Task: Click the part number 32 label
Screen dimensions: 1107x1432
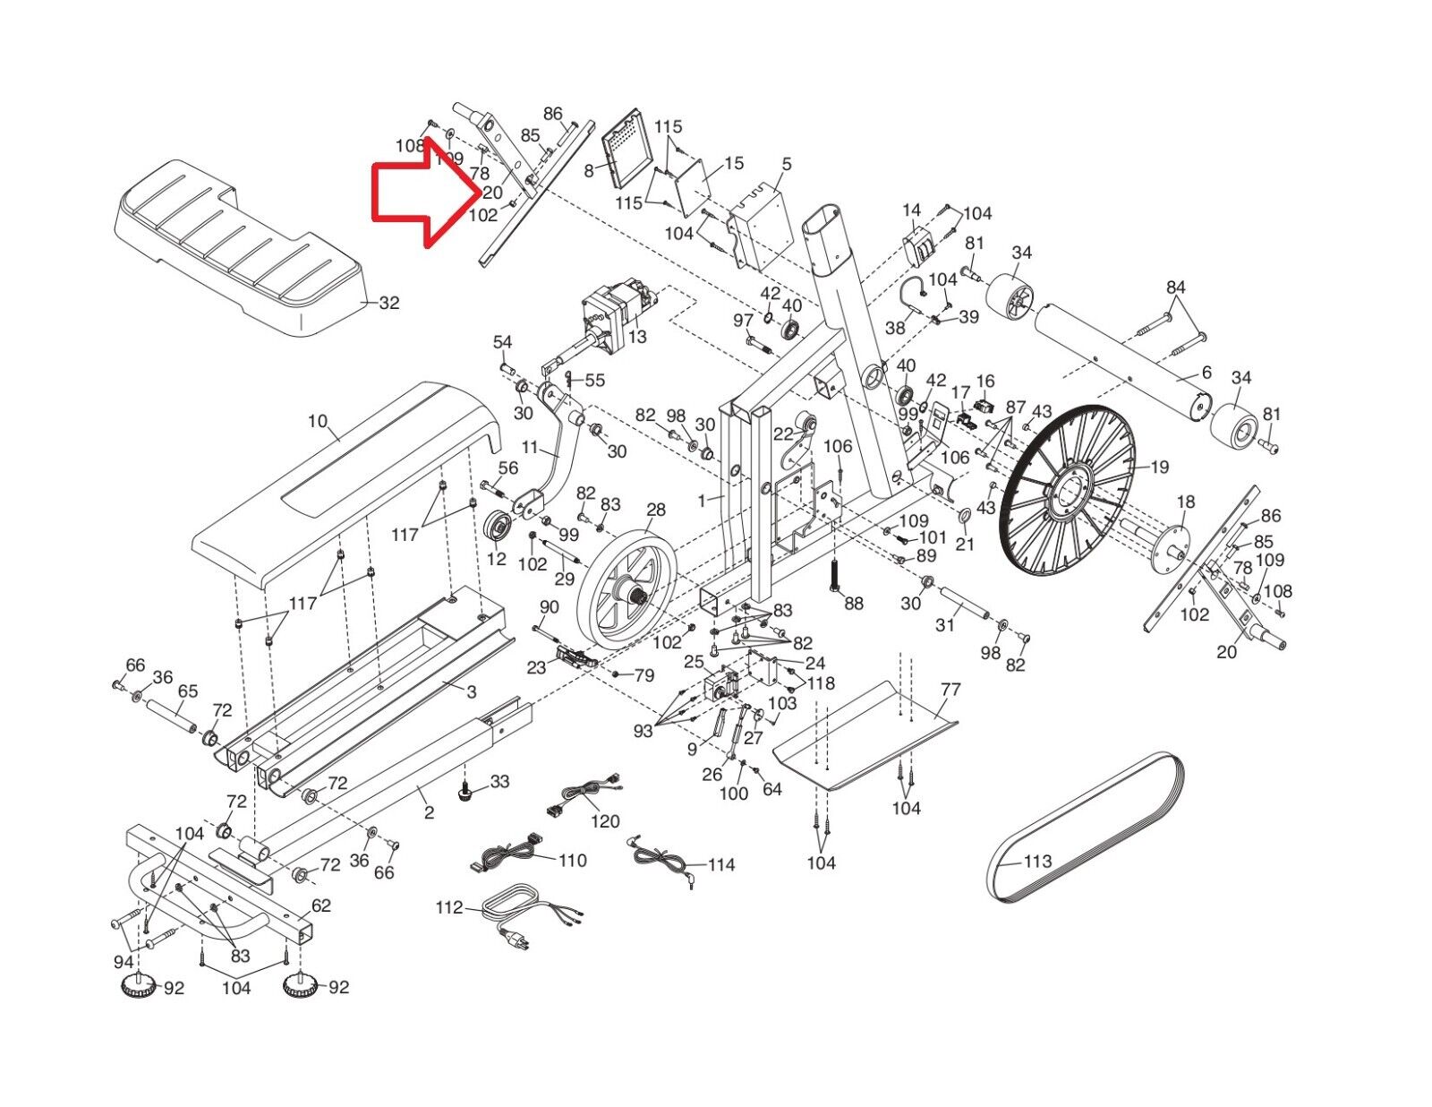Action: coord(389,303)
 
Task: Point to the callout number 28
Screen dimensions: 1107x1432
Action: coord(656,510)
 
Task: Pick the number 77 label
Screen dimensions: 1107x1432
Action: coord(950,689)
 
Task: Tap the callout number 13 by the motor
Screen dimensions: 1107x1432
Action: coord(637,337)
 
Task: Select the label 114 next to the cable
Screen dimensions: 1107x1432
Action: coord(721,864)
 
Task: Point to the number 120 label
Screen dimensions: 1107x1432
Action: coord(605,821)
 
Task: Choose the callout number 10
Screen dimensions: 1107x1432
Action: coord(317,421)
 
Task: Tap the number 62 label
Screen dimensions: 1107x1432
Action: coord(321,905)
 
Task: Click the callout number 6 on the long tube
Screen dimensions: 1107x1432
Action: coord(1206,373)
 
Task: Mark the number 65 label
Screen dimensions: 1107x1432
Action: coord(188,691)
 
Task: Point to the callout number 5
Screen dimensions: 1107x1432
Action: coord(787,164)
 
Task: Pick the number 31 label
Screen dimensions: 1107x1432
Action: coord(945,624)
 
